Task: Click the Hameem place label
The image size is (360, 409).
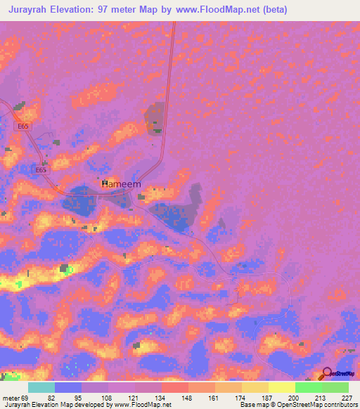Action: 122,184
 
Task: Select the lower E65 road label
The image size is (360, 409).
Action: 41,170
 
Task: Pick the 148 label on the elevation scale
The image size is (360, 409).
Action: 188,397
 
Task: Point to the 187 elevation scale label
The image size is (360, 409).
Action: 268,397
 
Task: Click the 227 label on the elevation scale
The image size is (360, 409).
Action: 347,397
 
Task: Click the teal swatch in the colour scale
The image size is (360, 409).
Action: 41,387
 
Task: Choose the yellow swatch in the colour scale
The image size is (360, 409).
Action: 281,387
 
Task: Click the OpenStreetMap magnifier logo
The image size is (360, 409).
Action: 326,375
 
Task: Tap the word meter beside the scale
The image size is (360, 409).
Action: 11,397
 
